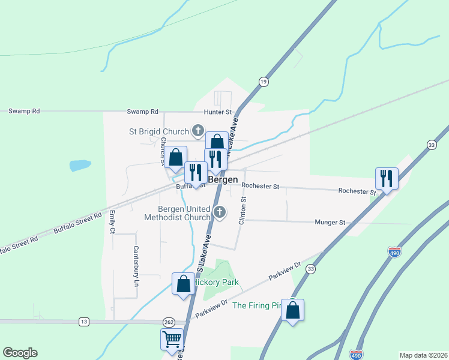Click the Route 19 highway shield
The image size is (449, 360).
263,81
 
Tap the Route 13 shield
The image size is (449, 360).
83,322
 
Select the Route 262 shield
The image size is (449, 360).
169,322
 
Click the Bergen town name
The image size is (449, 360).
223,179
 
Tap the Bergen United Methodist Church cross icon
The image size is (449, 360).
220,211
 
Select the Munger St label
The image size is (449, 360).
330,222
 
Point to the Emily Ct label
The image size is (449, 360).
112,222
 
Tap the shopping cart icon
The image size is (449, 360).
172,339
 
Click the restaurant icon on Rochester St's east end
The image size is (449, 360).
387,178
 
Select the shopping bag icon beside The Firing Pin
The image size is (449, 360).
292,310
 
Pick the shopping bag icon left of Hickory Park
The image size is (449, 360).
183,283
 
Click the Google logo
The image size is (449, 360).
20,353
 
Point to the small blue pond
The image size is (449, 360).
80,165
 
